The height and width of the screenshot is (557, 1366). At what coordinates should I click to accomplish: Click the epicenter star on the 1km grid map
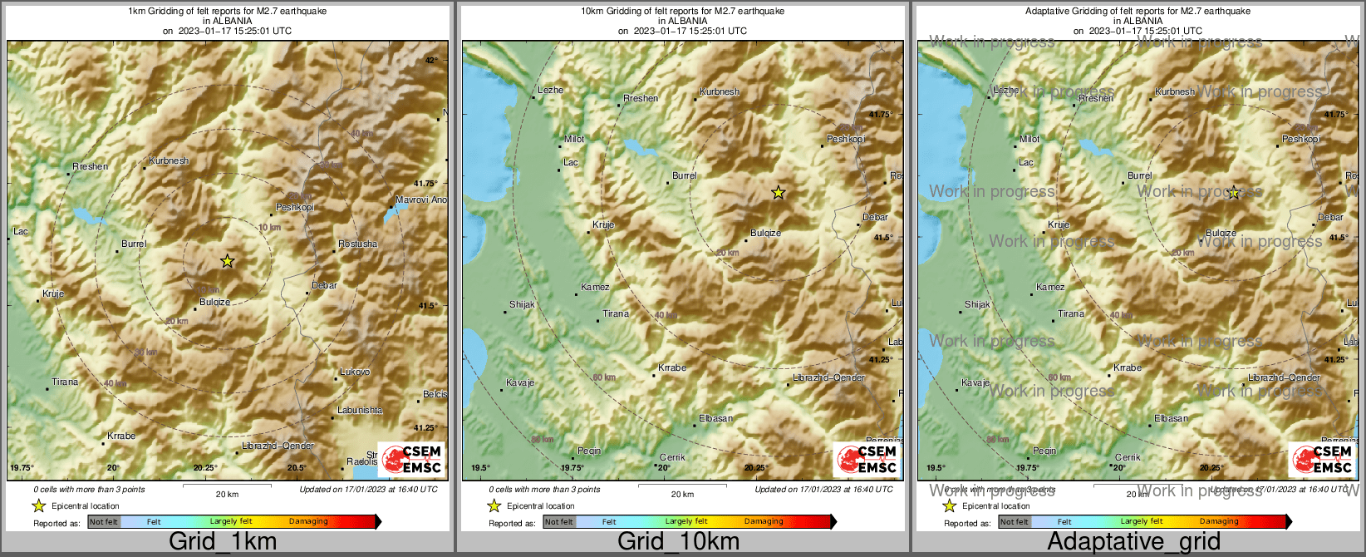[x=228, y=261]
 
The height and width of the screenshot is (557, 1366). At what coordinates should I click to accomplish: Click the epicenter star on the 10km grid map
[x=778, y=193]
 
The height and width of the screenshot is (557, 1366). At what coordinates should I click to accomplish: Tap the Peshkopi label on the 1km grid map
[x=295, y=207]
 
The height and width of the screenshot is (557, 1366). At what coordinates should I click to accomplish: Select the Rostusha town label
[x=358, y=244]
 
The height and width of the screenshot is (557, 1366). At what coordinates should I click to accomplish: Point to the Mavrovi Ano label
[x=420, y=200]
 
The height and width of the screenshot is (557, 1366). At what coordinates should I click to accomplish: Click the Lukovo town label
[x=355, y=372]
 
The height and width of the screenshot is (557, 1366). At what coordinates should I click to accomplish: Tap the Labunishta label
[x=360, y=410]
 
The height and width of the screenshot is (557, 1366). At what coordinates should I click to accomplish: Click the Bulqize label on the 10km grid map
[x=765, y=233]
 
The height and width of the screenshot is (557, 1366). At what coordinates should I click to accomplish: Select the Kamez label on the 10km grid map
[x=595, y=287]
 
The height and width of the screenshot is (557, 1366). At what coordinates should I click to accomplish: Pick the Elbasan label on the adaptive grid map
[x=1171, y=418]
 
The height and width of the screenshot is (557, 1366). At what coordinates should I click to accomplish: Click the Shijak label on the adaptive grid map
[x=977, y=304]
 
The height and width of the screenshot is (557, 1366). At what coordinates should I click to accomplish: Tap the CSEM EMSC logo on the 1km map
[x=411, y=460]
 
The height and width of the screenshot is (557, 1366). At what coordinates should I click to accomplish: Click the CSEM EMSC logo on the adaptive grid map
[x=1322, y=460]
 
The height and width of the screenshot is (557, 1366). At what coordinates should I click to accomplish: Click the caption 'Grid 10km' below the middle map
[x=678, y=542]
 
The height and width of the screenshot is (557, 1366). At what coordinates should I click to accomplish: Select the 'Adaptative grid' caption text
[x=1133, y=542]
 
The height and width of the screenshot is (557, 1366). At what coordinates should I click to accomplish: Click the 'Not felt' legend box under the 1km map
[x=104, y=522]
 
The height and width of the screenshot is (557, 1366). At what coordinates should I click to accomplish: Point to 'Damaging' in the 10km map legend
[x=764, y=521]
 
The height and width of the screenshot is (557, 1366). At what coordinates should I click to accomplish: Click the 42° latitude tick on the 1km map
[x=431, y=61]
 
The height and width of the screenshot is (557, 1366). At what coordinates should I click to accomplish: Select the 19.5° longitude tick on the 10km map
[x=480, y=467]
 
